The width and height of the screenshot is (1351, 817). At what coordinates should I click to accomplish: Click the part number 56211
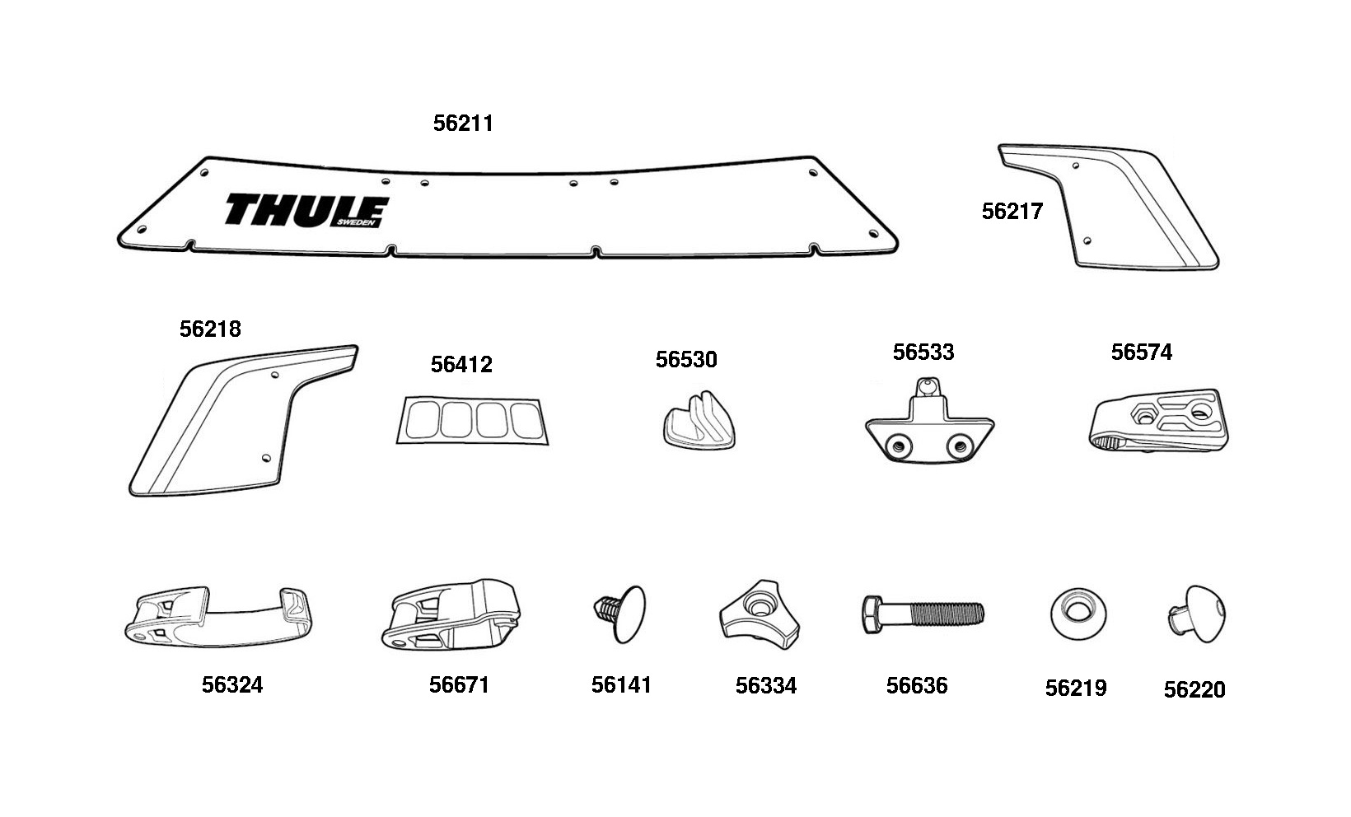pyautogui.click(x=463, y=124)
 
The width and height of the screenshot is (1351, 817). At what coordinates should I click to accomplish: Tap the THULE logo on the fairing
pyautogui.click(x=306, y=211)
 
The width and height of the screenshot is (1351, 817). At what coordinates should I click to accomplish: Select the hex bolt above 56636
pyautogui.click(x=923, y=614)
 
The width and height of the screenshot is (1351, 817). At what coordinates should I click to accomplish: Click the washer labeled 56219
pyautogui.click(x=1078, y=614)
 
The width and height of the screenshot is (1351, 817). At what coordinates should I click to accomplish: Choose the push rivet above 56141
pyautogui.click(x=620, y=613)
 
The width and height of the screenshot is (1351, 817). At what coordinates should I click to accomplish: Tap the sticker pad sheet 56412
pyautogui.click(x=473, y=421)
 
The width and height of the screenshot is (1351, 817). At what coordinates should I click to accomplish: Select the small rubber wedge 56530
pyautogui.click(x=698, y=419)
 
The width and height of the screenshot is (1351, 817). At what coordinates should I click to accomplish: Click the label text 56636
pyautogui.click(x=917, y=686)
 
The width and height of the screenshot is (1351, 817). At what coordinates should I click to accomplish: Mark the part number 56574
pyautogui.click(x=1141, y=352)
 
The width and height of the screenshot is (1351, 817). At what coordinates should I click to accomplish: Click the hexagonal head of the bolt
pyautogui.click(x=872, y=614)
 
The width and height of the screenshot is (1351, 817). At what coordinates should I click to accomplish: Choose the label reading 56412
pyautogui.click(x=461, y=365)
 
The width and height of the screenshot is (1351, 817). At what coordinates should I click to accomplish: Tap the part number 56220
pyautogui.click(x=1194, y=690)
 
